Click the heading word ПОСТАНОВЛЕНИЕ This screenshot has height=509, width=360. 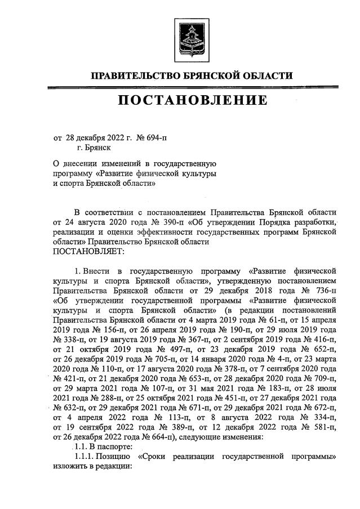tap(192, 101)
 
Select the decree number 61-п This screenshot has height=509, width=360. tap(263, 321)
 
